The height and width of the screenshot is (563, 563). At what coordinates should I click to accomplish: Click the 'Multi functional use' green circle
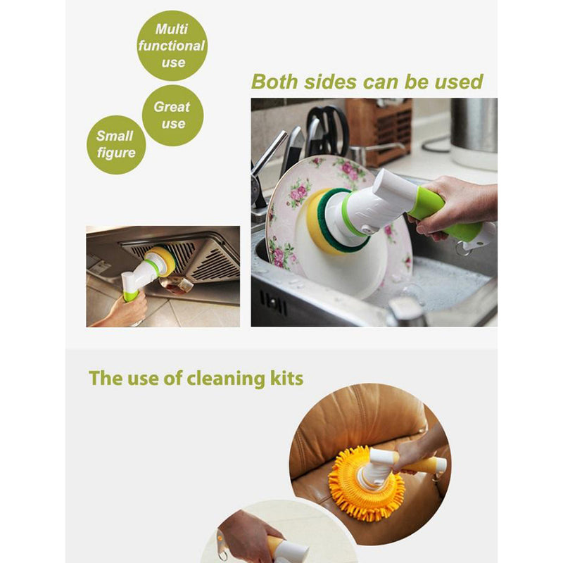pos(172,46)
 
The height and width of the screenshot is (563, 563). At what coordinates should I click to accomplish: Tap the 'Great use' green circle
pos(172,115)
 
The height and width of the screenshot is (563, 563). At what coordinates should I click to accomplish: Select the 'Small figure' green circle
pos(116,145)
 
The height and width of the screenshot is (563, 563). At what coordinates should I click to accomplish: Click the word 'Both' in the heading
pos(274,82)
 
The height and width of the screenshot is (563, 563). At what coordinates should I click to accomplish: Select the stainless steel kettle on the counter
pos(474,133)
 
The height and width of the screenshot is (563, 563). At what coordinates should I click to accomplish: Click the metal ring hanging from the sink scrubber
pos(463,248)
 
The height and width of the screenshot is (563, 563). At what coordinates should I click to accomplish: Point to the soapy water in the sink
pos(438,284)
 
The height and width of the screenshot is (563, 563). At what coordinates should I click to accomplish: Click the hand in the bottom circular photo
pos(247,535)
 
